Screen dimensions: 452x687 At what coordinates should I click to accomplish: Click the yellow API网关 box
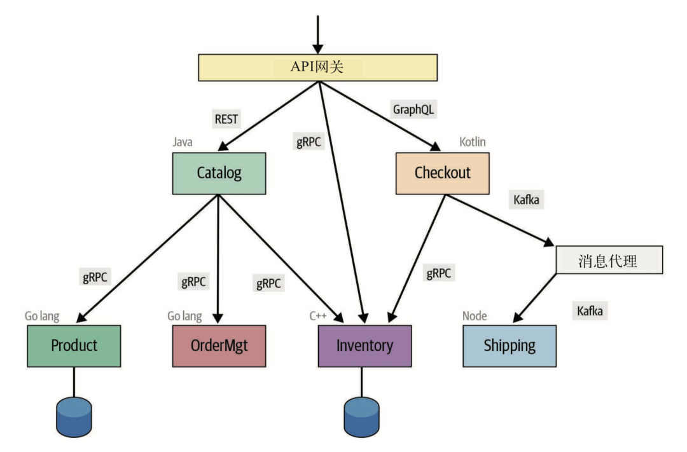pos(318,67)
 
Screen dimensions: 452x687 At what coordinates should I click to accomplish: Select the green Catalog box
pos(219,173)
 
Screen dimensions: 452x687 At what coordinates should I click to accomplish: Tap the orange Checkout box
pos(442,173)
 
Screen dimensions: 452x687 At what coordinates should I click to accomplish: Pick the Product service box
pos(74,346)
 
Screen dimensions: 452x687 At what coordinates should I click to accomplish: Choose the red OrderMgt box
pos(219,346)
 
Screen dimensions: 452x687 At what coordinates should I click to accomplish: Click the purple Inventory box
pos(364,346)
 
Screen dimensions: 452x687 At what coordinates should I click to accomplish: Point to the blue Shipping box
pos(509,346)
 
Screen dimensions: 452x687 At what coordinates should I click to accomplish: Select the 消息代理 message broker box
pos(609,261)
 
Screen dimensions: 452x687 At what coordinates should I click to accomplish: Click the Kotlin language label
pos(473,142)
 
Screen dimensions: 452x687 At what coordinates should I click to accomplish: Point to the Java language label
pos(183,141)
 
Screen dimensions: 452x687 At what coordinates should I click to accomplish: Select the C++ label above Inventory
pos(318,316)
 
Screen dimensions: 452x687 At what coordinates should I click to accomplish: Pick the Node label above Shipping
pos(475,316)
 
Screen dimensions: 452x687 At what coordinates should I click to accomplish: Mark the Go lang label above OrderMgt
pos(184,316)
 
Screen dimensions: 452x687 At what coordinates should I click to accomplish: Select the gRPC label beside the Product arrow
pos(95,277)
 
